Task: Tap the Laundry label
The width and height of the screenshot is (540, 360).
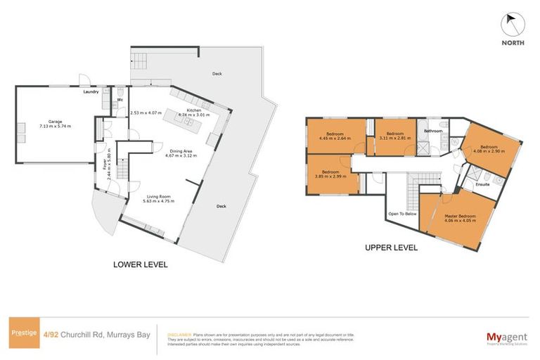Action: point(91,91)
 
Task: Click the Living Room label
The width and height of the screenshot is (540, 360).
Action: point(160,197)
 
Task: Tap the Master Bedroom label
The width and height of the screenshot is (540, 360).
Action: point(461,216)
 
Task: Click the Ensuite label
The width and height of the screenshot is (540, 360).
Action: point(482,185)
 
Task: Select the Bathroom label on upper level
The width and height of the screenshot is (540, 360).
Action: point(432,131)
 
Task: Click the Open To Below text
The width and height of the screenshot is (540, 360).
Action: point(403,213)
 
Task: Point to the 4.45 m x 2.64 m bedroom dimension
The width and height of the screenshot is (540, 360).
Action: point(335,139)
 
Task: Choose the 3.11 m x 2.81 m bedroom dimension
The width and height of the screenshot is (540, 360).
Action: point(395,139)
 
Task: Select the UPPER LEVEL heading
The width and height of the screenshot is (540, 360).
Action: point(391,247)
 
